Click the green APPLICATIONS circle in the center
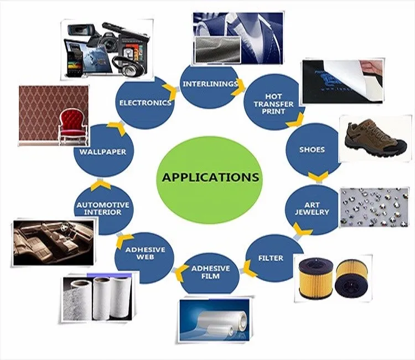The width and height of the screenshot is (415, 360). (x=210, y=178)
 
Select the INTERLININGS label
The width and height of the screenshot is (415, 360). (x=210, y=84)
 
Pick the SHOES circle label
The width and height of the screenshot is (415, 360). (x=312, y=150)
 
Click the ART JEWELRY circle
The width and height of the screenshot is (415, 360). (x=316, y=208)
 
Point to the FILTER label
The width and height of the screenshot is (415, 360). (x=271, y=258)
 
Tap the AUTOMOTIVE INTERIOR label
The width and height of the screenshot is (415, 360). (x=102, y=208)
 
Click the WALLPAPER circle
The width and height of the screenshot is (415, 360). (x=102, y=151)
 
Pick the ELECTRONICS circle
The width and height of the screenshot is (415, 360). (x=144, y=102)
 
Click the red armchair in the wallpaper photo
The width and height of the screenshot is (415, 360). (x=73, y=130)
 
